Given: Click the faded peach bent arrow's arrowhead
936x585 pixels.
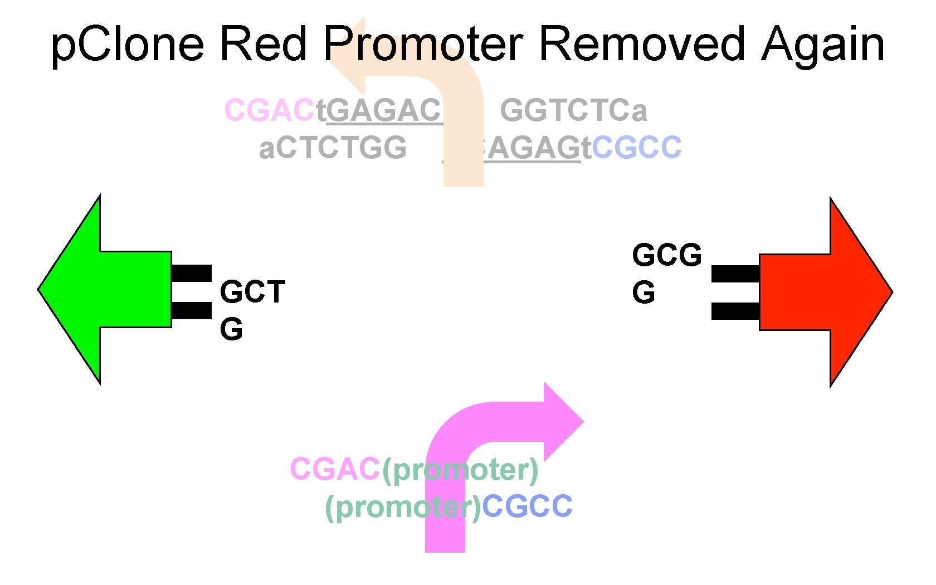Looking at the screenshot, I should coord(348,56).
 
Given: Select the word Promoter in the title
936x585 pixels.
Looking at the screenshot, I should coord(423,45).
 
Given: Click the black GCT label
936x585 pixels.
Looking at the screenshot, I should coord(252,292).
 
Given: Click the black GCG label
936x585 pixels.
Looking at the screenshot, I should coord(667,255).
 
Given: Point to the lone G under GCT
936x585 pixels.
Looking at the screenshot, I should coord(231,329).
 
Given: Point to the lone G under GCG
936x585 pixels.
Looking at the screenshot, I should coord(643,292).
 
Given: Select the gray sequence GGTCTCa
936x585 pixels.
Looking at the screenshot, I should coord(573,110).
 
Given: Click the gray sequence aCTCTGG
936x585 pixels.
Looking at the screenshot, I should coord(333,148).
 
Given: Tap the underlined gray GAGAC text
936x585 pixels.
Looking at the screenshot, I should coord(384,110).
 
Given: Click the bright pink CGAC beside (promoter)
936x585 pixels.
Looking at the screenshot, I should coord(335,469).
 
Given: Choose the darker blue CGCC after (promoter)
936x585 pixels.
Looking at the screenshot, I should coord(527,506).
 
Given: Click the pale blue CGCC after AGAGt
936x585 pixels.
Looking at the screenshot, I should coord(636,148).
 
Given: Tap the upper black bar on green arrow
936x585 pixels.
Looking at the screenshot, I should coord(191,274).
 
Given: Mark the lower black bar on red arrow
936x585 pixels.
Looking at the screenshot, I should coord(735,311).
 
